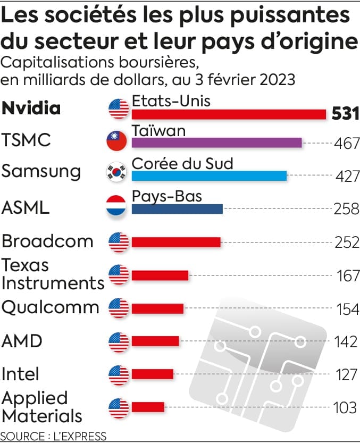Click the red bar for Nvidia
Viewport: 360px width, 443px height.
(229, 114)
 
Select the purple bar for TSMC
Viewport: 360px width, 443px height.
(216, 143)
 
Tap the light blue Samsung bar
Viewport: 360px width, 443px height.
(209, 176)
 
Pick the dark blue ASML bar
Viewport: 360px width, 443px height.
(177, 209)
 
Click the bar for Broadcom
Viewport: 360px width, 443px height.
(176, 243)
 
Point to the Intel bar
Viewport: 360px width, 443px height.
(153, 374)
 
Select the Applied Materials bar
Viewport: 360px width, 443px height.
(148, 407)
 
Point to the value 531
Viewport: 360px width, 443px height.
(345, 114)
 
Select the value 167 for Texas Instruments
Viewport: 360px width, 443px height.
(347, 277)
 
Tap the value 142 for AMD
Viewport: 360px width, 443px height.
(347, 341)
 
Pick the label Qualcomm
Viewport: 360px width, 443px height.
(51, 308)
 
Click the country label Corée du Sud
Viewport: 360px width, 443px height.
(182, 163)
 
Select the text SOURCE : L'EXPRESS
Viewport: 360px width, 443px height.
(54, 436)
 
